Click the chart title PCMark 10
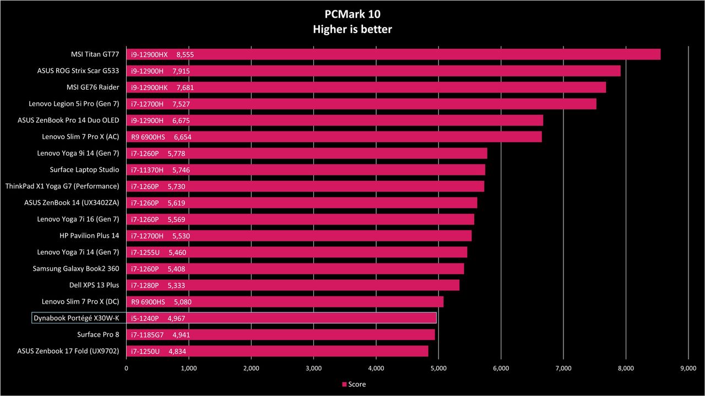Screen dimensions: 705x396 [352, 14]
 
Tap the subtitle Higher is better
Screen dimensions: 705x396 [352, 29]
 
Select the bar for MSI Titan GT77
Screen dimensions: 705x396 [393, 54]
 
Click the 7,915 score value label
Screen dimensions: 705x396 [181, 71]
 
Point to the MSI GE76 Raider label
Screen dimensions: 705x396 [93, 87]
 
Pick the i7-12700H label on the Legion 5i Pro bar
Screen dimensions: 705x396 [147, 104]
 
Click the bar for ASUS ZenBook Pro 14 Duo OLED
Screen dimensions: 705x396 [335, 120]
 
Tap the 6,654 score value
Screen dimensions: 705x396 [182, 137]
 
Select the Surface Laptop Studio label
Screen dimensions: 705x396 [84, 170]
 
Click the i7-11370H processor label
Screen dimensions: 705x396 [147, 170]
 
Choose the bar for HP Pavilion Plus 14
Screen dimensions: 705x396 [299, 236]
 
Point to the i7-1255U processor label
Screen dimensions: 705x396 [145, 252]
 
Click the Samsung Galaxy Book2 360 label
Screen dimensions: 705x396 [76, 268]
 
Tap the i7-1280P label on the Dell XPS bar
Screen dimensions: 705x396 [145, 285]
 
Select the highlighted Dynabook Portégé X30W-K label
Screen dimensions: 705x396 [77, 318]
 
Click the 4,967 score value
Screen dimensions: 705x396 [176, 318]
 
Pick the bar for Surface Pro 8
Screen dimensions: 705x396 [281, 335]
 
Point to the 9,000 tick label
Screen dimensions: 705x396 [688, 369]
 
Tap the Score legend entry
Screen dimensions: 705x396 [354, 384]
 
